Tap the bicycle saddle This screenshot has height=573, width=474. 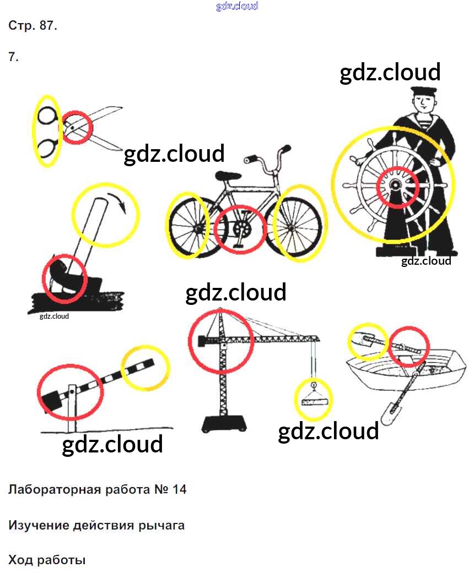tap(228, 176)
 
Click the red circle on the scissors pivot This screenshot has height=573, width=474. tap(75, 127)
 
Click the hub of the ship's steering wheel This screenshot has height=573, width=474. tap(396, 186)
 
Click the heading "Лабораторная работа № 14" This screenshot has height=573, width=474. tap(98, 489)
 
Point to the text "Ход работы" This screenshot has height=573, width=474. tap(47, 560)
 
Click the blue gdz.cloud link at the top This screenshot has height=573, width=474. tap(237, 7)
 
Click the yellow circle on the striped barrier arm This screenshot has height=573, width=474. tap(145, 367)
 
